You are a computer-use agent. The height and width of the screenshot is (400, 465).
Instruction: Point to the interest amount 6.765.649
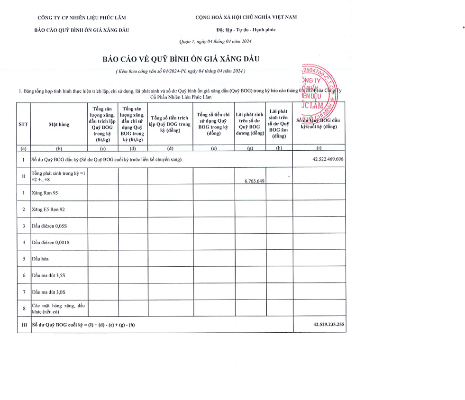(255, 181)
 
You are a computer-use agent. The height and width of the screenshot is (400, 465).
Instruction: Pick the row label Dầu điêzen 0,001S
(51, 243)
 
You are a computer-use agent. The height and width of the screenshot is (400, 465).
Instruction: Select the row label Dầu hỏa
(40, 259)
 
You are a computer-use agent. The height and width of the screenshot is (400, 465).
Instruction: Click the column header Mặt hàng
(59, 125)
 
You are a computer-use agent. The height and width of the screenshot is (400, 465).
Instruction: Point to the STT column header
(23, 125)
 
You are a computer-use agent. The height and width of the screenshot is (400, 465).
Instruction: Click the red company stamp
(319, 90)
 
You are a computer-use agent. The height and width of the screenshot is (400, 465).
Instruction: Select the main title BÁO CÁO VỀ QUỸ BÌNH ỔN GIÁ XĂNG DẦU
(182, 59)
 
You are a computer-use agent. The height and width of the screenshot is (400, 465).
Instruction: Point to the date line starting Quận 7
(215, 42)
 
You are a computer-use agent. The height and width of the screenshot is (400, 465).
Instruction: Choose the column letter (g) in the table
(250, 148)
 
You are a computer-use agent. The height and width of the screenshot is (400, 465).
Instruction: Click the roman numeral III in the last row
(23, 325)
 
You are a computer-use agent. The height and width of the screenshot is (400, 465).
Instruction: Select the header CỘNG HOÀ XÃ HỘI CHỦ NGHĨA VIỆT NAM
(246, 18)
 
